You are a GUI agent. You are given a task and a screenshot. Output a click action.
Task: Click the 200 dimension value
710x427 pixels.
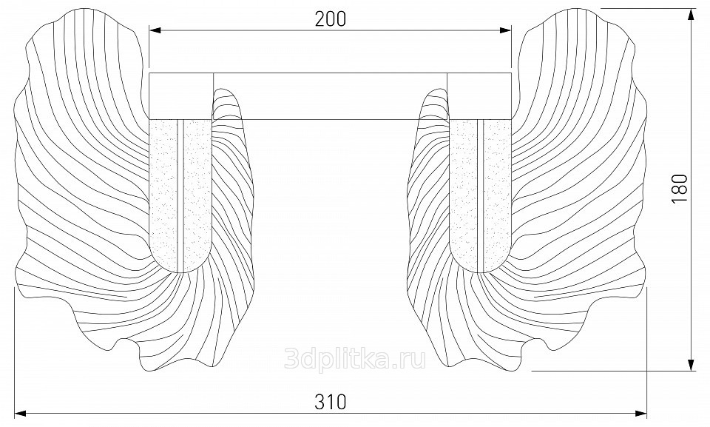[x=330, y=19]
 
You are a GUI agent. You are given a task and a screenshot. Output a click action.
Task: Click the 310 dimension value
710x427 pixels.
[x=330, y=402]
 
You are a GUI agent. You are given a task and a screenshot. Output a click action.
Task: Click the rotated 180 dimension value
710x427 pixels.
[x=680, y=189]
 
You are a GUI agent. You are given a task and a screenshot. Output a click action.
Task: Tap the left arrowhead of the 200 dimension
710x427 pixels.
[x=155, y=30]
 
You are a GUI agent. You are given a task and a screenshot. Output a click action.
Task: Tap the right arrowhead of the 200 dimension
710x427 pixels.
[x=505, y=30]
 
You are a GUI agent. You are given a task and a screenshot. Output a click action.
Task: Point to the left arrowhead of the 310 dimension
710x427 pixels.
[x=21, y=414]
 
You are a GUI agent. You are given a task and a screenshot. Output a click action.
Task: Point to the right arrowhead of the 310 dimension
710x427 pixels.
[x=641, y=414]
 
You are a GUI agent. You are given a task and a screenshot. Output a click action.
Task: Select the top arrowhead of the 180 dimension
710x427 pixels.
[x=691, y=16]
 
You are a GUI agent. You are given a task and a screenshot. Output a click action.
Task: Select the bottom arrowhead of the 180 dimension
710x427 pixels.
[x=691, y=364]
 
